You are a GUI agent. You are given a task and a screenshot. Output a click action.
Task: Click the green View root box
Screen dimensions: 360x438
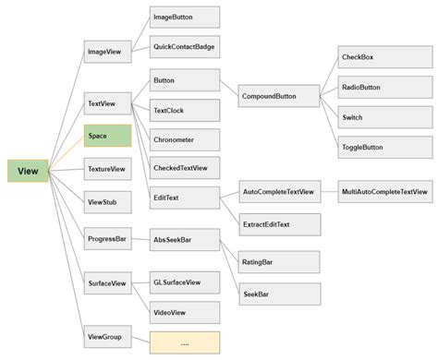29,171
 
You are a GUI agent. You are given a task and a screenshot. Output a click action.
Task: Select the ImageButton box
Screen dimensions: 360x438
185,17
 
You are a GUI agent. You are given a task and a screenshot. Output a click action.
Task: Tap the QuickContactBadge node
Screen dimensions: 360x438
185,46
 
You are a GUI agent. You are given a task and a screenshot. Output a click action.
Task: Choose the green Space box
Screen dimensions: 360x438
107,137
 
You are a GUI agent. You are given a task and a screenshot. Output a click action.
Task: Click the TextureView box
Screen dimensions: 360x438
107,169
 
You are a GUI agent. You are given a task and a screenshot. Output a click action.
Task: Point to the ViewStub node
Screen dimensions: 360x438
107,200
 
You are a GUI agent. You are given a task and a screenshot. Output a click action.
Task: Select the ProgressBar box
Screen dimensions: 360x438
107,238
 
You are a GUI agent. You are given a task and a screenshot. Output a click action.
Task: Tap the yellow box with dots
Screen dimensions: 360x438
185,342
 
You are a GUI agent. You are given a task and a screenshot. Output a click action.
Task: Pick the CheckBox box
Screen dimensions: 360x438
371,57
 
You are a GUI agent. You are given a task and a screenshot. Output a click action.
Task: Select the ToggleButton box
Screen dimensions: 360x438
371,146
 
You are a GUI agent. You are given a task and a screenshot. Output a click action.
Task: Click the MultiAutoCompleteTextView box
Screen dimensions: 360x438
385,192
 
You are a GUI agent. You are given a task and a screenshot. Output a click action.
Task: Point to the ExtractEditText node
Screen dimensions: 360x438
280,223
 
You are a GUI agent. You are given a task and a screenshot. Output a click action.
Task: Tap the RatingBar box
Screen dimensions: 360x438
280,262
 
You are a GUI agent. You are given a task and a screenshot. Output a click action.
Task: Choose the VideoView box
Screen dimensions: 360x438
185,312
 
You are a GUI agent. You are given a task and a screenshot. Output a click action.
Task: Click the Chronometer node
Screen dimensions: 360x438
185,140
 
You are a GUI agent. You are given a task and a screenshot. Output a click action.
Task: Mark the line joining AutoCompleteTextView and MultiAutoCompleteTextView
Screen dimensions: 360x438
329,192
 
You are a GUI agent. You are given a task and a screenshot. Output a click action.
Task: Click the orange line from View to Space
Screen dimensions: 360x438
67,155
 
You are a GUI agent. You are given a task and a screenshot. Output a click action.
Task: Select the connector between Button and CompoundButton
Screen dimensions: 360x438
229,88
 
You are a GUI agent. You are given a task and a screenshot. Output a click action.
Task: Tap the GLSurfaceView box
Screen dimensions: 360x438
185,281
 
